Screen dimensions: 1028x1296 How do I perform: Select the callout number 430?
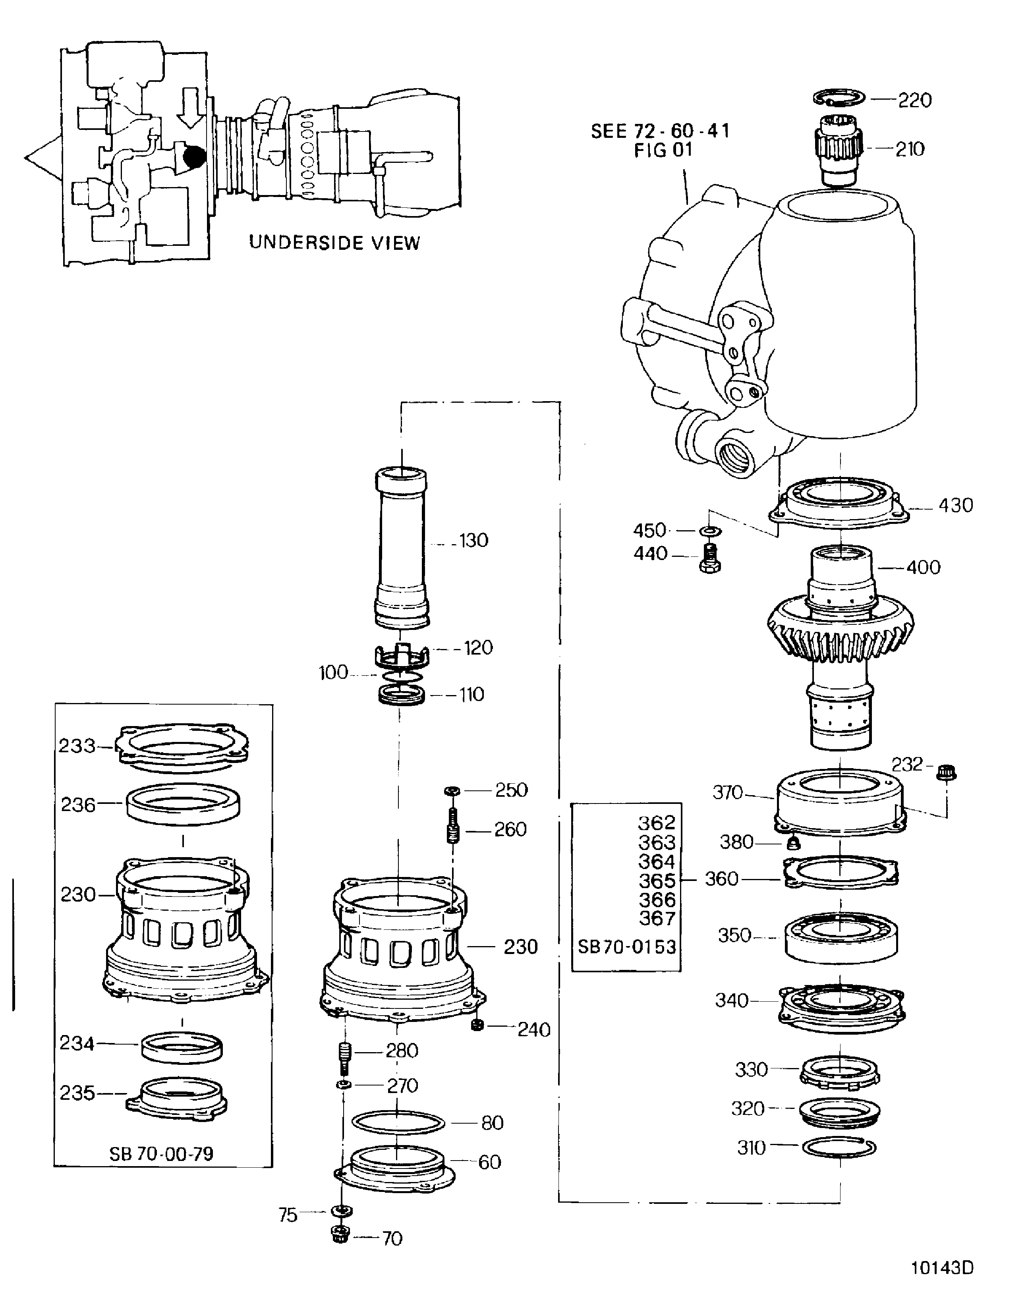point(955,505)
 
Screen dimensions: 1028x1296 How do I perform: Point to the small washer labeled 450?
point(711,531)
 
